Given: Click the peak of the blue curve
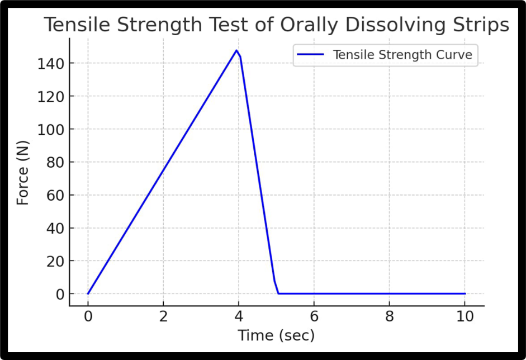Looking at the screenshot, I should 236,51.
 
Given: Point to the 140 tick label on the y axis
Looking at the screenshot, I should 50,64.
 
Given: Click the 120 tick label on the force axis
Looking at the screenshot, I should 50,97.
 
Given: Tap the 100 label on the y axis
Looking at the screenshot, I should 50,130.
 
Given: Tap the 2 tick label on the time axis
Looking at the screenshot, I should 163,317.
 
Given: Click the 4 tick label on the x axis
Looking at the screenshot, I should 239,317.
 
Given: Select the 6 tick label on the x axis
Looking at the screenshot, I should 314,317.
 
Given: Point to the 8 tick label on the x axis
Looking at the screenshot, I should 390,317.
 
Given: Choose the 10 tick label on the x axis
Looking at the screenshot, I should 465,317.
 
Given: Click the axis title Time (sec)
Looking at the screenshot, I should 276,336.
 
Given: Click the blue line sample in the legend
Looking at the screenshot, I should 311,55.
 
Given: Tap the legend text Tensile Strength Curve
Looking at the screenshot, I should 402,55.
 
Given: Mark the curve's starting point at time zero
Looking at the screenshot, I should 88,293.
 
